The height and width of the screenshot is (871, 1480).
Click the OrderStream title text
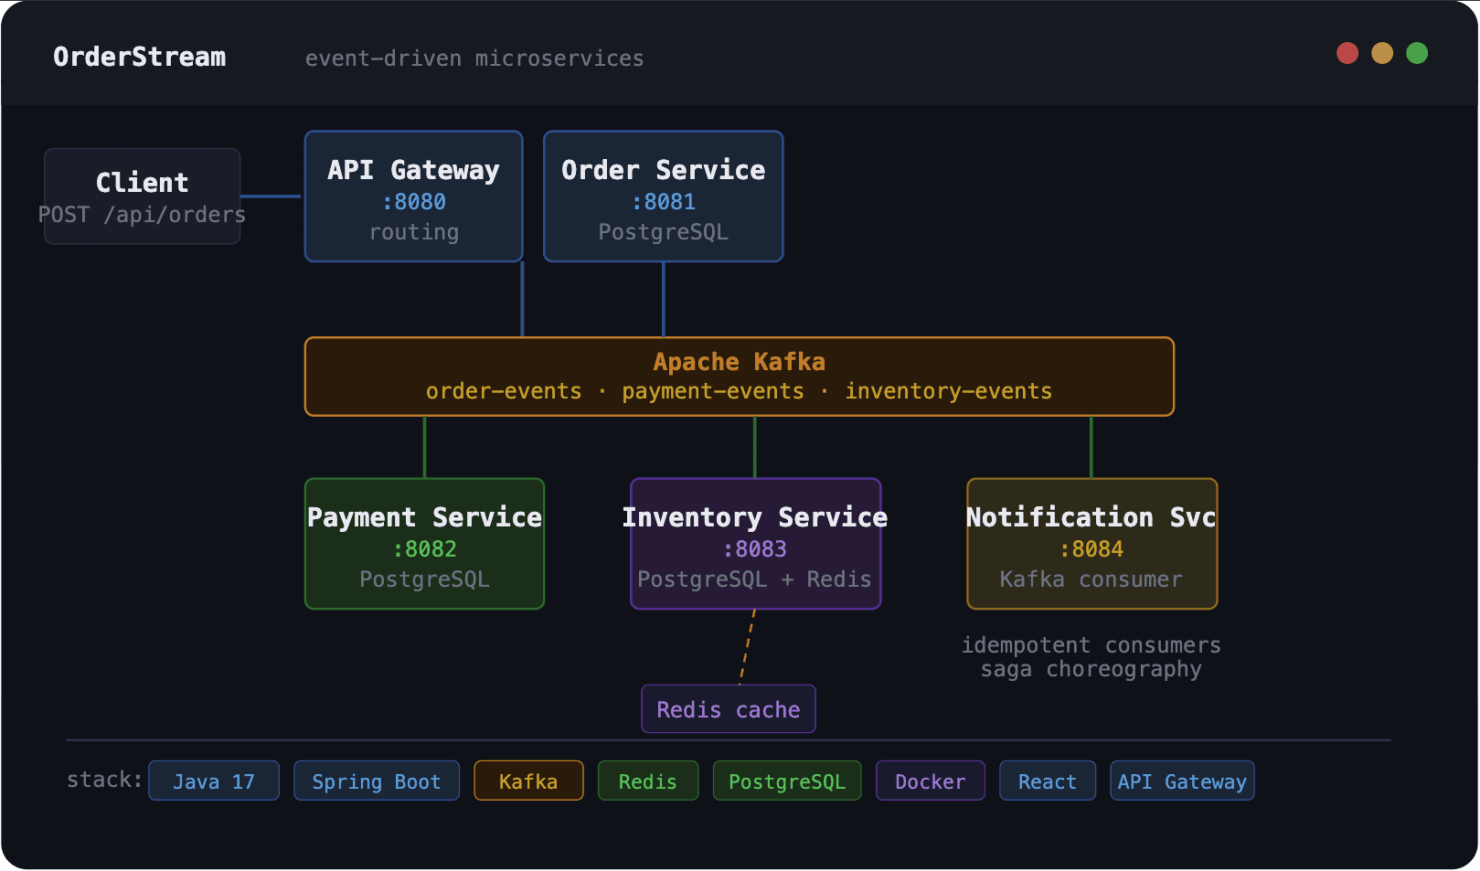tap(139, 57)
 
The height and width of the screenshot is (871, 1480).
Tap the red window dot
tap(1347, 53)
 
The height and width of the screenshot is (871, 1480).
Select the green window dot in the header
tap(1416, 53)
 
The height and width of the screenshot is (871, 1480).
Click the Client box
tap(142, 196)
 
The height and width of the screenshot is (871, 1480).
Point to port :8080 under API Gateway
tap(414, 202)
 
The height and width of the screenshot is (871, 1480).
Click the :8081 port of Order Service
tap(664, 202)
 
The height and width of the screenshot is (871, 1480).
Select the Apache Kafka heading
tap(739, 362)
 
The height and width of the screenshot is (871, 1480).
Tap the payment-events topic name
tap(713, 391)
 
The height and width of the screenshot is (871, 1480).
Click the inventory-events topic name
tap(948, 391)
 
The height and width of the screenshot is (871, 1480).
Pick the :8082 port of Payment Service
tap(425, 549)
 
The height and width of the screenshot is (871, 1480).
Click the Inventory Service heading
tap(755, 517)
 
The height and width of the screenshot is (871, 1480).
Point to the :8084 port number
tap(1091, 549)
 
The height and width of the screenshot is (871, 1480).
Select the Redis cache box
tap(729, 709)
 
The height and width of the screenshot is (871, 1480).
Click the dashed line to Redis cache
tap(748, 646)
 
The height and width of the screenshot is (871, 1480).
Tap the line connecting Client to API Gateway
tap(272, 196)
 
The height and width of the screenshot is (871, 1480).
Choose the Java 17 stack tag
tap(214, 781)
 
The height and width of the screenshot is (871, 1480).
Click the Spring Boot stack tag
tap(377, 781)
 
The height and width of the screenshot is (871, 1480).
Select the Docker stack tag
tap(930, 781)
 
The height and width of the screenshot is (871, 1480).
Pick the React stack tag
tap(1047, 781)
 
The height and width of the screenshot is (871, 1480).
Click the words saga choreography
tap(1091, 670)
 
